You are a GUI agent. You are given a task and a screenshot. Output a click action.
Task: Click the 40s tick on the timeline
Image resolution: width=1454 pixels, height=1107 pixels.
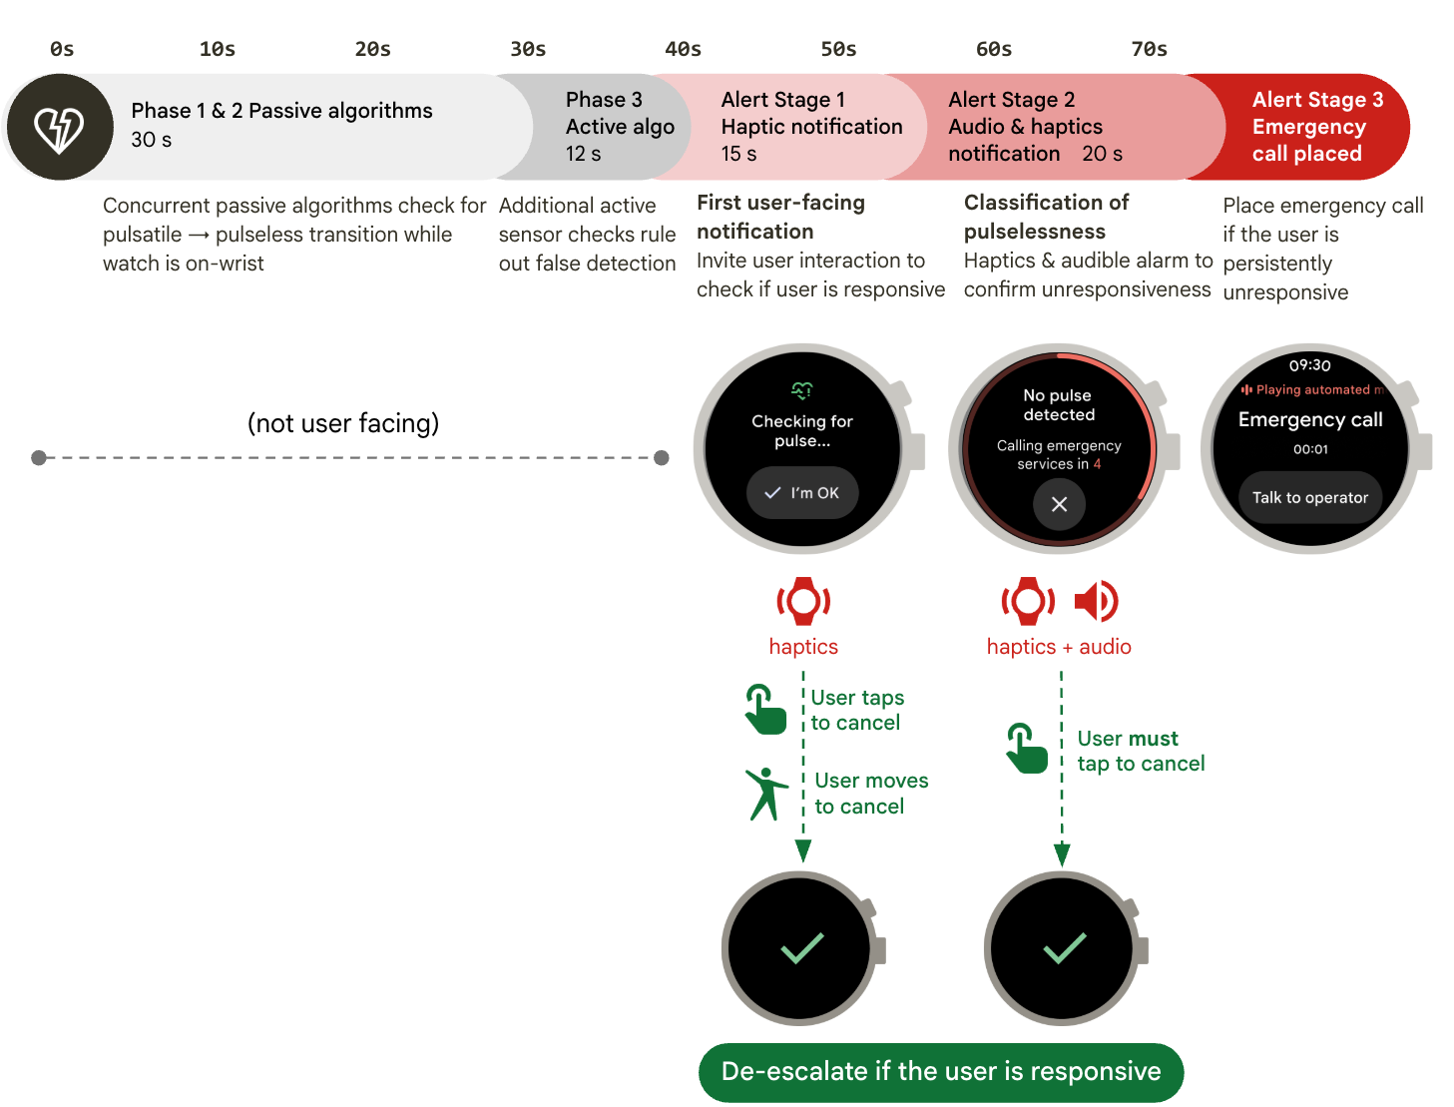(x=684, y=49)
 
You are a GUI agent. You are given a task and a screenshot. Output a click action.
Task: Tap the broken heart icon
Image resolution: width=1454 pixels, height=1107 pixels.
(x=59, y=128)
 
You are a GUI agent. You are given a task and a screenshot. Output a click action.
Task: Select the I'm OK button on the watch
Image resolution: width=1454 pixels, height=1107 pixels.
(x=802, y=493)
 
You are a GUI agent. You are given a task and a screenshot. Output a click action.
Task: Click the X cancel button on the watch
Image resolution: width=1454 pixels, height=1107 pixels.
(x=1059, y=504)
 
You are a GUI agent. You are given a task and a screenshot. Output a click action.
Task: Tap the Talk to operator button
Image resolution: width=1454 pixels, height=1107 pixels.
(x=1309, y=497)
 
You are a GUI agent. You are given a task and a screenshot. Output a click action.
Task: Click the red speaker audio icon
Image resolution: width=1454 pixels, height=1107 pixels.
(x=1096, y=601)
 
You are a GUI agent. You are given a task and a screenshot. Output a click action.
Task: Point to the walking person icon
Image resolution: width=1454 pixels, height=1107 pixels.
(x=765, y=794)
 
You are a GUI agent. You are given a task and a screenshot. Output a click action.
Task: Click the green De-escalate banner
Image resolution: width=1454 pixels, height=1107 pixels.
(x=941, y=1072)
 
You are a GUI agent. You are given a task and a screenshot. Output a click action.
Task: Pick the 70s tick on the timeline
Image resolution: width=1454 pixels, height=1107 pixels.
(x=1149, y=49)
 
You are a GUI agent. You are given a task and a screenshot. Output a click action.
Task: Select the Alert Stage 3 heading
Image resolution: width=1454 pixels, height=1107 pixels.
(x=1317, y=100)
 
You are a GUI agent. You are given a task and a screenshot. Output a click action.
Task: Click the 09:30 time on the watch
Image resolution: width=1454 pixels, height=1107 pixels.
(x=1309, y=365)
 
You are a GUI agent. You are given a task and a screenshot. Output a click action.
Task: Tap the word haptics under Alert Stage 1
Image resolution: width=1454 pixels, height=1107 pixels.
(x=803, y=647)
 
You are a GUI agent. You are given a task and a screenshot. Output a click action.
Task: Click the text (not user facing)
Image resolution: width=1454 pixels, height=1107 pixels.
(x=343, y=423)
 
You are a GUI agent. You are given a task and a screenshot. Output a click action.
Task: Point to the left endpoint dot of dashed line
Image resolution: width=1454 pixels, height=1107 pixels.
(x=39, y=458)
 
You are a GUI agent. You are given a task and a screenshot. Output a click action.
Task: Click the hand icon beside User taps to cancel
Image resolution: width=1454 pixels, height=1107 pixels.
(x=764, y=710)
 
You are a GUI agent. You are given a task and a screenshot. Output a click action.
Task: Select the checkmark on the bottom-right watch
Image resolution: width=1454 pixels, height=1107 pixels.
(x=1064, y=947)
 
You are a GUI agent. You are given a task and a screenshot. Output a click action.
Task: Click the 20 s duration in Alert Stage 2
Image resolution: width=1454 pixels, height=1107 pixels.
(x=1102, y=154)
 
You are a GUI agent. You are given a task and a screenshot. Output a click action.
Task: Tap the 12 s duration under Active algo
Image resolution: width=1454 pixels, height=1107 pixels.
(x=583, y=154)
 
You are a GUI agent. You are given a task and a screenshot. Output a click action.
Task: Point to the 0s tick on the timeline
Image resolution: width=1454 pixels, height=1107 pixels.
(x=62, y=49)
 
